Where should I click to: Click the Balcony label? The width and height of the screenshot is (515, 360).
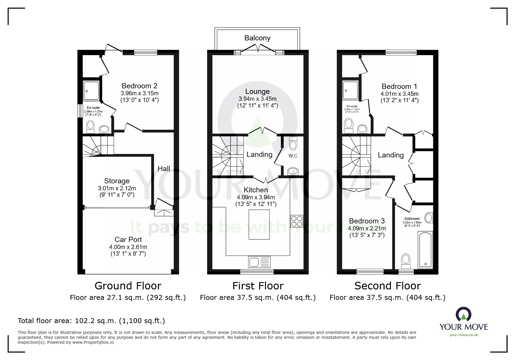(x=257, y=38)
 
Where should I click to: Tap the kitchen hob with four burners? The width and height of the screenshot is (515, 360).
(x=297, y=221)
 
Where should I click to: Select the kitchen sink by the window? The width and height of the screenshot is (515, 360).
(x=259, y=262)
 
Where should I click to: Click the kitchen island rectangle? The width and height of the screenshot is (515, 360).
(x=259, y=225)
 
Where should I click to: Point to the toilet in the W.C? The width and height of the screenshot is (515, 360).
(x=293, y=143)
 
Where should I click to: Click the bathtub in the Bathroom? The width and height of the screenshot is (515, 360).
(x=425, y=250)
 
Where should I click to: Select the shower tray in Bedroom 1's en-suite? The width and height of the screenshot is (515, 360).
(x=350, y=91)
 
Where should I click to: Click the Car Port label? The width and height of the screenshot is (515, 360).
(x=128, y=240)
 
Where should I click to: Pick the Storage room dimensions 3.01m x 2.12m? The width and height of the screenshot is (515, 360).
(x=117, y=188)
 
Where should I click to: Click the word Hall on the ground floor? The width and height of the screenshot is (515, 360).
(x=164, y=169)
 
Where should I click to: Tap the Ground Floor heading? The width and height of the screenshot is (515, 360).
(x=128, y=286)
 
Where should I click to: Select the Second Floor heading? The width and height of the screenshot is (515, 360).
(x=388, y=286)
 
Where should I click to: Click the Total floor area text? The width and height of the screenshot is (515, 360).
(x=91, y=321)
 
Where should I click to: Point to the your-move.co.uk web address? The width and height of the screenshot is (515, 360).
(x=464, y=335)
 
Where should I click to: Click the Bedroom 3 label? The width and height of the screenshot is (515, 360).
(x=367, y=221)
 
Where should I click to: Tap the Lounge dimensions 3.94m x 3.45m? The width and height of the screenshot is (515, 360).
(x=257, y=99)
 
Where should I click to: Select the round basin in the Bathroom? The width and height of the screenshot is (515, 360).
(x=429, y=217)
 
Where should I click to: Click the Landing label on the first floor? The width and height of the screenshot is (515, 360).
(x=259, y=155)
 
